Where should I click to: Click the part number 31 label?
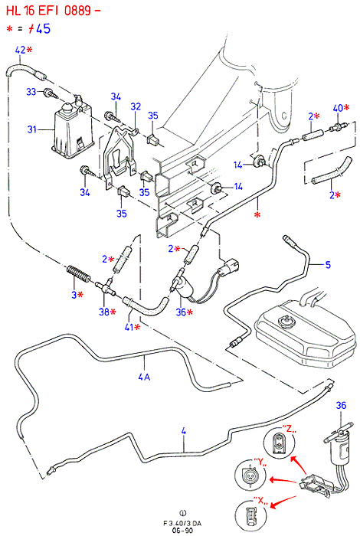32,129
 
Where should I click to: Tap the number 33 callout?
31,92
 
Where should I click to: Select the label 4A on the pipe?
144,377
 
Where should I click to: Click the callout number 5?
328,265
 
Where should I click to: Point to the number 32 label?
136,106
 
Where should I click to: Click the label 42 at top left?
20,50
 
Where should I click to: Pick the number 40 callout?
338,108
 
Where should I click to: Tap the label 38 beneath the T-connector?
104,312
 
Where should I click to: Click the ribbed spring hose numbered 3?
77,274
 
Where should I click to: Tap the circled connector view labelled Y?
250,474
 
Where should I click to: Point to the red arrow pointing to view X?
283,502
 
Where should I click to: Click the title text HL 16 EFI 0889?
49,11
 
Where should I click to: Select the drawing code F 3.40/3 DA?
182,523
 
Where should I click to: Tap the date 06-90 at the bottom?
182,531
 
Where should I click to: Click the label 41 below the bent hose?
129,327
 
